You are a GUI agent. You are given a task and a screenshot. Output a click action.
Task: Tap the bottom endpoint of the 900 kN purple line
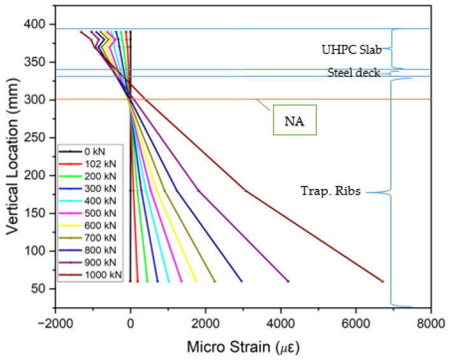288,281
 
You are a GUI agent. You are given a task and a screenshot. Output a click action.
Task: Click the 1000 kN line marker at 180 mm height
246,190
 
